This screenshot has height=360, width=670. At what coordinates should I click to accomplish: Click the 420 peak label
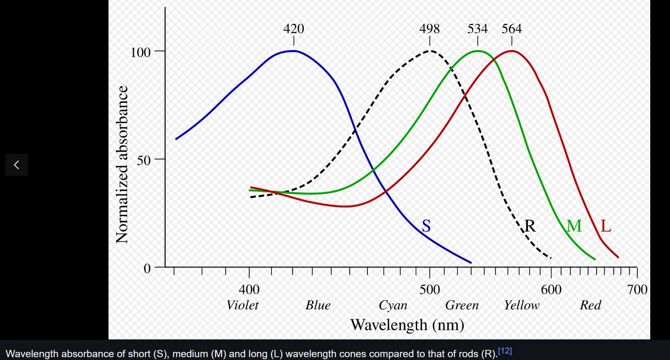coord(294,29)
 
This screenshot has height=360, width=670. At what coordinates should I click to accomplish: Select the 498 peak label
coord(429,29)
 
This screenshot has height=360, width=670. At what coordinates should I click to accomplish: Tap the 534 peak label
coord(478,29)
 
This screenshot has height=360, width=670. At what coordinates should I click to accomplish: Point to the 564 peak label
coord(511,29)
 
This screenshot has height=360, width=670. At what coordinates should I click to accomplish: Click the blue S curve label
coord(426,226)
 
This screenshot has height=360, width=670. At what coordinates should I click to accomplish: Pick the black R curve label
coord(530,226)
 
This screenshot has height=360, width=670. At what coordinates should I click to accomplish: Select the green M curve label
coord(574,226)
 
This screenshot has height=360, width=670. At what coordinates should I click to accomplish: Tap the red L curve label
coord(606,226)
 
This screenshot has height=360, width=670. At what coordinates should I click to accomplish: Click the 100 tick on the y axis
coord(140,52)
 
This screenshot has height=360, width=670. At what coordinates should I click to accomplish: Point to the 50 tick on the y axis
coord(144,160)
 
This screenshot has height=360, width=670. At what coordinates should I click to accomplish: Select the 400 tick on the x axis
coord(249,289)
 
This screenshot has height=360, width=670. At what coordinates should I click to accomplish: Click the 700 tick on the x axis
coord(637,289)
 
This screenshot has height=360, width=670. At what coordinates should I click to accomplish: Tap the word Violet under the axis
coord(242,305)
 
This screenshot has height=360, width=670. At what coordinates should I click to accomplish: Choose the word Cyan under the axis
coord(393,305)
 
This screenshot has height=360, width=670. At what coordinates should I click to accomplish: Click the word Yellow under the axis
coord(522,305)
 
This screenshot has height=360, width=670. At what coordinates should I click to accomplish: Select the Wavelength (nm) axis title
coord(407,325)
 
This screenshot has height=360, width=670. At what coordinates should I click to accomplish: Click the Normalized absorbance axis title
coord(122,164)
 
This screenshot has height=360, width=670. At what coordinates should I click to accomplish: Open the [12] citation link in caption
coord(505,351)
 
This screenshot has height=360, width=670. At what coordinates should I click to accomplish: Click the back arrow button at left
coord(17,165)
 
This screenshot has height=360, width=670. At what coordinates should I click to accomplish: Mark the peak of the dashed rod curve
coord(430,51)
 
